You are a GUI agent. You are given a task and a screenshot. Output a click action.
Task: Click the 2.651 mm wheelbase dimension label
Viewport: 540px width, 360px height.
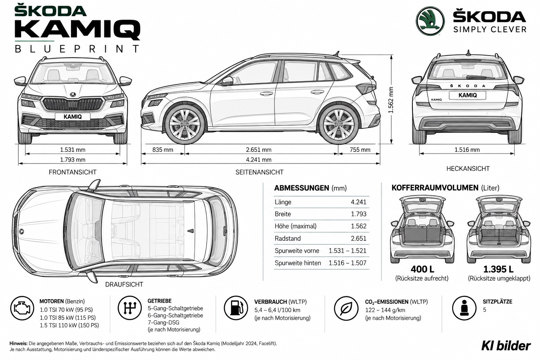258,150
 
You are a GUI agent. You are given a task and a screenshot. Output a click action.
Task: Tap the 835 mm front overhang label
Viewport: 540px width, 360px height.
163,150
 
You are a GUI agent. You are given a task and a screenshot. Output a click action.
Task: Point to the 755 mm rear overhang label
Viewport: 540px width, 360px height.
360,150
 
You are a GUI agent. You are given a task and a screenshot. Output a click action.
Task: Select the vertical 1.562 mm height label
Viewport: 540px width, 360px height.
391,100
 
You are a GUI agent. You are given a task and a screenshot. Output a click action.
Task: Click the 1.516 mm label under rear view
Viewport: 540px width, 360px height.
467,150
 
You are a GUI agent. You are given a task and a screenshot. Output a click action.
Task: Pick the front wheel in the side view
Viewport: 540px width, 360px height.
185,124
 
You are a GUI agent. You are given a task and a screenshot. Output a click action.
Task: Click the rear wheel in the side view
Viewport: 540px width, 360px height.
338,124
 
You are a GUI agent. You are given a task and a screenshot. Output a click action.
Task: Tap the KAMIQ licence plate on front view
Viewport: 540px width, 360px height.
72,117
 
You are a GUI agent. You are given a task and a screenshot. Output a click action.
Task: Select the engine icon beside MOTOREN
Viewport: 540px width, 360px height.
22,308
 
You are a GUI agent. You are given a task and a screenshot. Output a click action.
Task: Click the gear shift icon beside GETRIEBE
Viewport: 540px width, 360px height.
130,308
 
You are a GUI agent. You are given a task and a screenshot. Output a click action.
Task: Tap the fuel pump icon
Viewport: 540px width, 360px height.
236,308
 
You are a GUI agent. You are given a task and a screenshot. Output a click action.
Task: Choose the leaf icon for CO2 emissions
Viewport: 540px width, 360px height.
346,308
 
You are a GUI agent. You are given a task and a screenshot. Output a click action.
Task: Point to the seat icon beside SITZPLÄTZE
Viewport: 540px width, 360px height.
464,308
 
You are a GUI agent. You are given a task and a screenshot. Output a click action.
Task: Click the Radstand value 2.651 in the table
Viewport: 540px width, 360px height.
359,238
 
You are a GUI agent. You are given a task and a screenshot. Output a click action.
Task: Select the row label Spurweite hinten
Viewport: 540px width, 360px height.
298,263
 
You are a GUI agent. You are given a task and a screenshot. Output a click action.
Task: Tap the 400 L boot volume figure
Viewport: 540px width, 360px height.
422,269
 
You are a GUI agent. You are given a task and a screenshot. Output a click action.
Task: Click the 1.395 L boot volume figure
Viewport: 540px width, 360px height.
498,269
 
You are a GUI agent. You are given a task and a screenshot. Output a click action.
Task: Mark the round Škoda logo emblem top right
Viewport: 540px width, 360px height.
430,21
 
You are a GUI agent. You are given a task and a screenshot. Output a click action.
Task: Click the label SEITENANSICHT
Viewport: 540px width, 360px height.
259,172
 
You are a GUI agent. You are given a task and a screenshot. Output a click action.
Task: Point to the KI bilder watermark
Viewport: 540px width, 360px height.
506,346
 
